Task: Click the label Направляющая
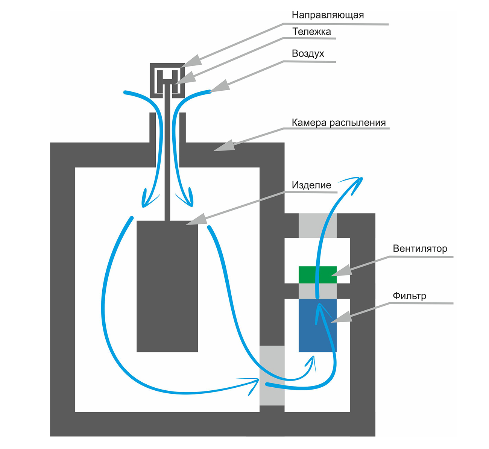coord(328,15)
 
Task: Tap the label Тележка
coord(311,32)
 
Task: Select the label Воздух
coord(308,53)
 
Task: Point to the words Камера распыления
coord(339,123)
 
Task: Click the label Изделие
coord(311,185)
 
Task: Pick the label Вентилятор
coord(420,249)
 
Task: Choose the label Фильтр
coord(409,296)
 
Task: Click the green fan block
coord(317,275)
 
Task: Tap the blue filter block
coord(317,325)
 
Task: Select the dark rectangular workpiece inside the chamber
coord(167,286)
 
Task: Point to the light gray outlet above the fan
coord(317,225)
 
